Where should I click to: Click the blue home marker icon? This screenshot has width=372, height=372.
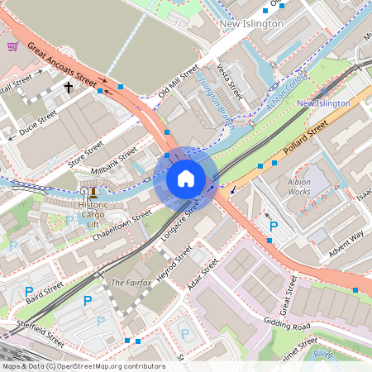tap(186, 179)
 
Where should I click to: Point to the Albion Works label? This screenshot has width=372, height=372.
tap(298, 186)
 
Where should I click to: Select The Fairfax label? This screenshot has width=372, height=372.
tap(127, 283)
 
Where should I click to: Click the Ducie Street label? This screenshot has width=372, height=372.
tap(38, 125)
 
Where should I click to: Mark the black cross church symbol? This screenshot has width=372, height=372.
tap(69, 86)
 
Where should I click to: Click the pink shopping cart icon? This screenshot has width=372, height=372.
tap(12, 46)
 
